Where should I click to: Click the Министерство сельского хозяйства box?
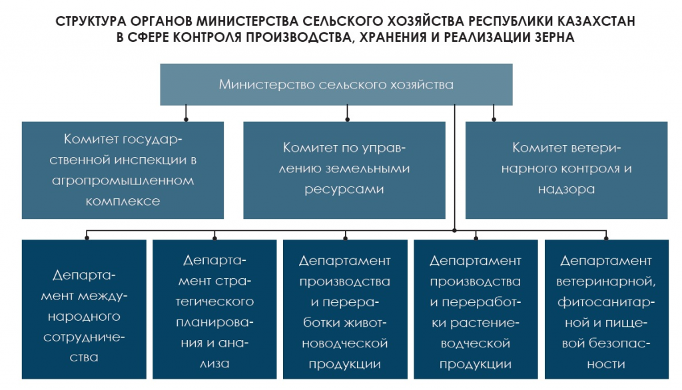(336, 85)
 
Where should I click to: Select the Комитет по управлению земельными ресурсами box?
(344, 170)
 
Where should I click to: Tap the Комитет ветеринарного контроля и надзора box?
(566, 170)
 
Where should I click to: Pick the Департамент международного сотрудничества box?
(84, 309)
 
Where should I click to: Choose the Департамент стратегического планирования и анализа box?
(214, 309)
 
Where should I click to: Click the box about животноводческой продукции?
(345, 309)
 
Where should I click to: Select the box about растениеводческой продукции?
(476, 309)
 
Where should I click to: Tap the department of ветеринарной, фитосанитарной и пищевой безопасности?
(606, 309)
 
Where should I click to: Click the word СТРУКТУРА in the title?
(90, 21)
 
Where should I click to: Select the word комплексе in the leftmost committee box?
(123, 201)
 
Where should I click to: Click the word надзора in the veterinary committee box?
(566, 190)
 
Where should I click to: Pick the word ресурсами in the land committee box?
(344, 190)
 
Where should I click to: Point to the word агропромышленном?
(123, 180)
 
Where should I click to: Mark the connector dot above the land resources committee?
(347, 119)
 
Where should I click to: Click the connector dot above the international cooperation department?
(87, 238)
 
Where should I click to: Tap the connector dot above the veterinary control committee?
(494, 119)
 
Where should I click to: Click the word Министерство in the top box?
(266, 85)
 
